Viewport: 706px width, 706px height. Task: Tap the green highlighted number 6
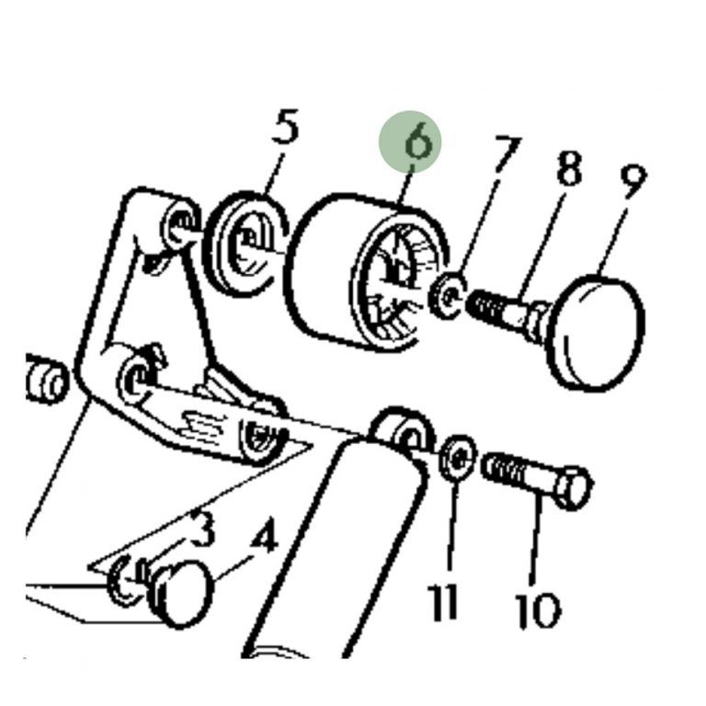[x=412, y=142]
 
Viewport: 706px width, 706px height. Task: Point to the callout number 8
[x=568, y=172]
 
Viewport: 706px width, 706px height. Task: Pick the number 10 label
[x=537, y=608]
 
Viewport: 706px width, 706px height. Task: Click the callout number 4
[x=264, y=538]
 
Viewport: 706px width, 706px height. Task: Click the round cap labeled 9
[x=596, y=331]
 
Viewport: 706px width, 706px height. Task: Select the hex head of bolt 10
[x=572, y=487]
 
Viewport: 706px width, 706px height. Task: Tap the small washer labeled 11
[x=457, y=456]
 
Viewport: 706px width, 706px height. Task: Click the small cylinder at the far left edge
[x=43, y=379]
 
